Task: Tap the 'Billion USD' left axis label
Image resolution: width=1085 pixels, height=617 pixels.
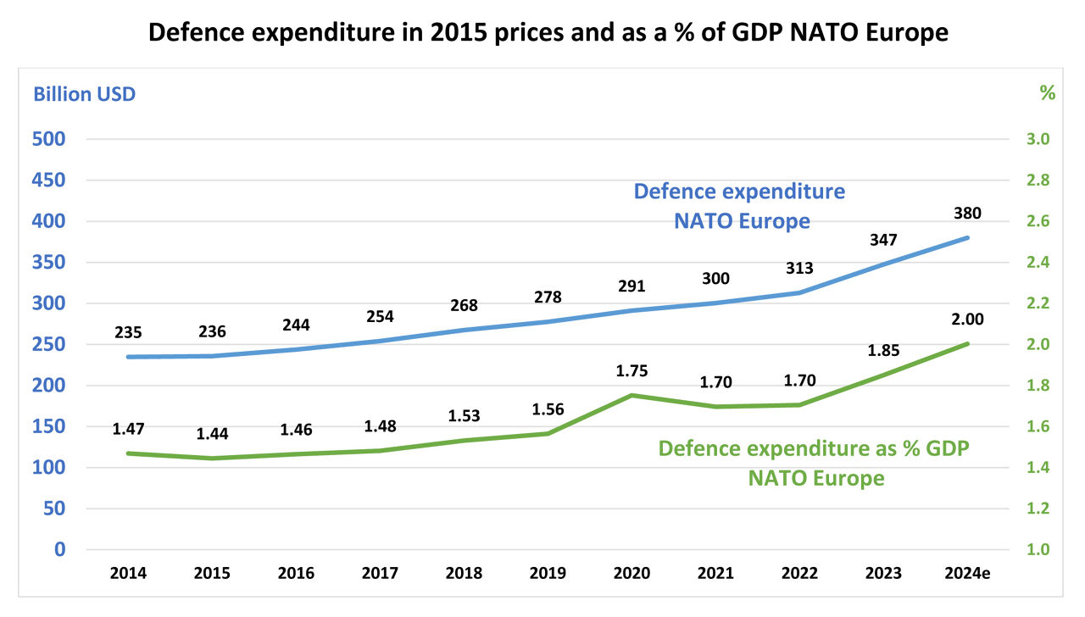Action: [x=84, y=94]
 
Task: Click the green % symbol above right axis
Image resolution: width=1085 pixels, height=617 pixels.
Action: [x=1048, y=94]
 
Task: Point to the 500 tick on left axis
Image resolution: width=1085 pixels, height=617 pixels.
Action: [x=48, y=139]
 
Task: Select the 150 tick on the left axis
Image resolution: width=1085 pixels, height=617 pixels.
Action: [x=48, y=426]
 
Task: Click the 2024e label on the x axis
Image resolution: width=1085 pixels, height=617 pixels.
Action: [x=967, y=574]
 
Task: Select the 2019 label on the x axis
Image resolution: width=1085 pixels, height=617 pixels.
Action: [x=547, y=574]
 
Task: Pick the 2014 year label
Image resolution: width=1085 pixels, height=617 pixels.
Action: [x=128, y=574]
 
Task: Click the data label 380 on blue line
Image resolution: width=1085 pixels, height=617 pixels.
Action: [x=967, y=214]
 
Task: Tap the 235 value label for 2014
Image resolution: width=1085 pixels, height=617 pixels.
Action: [x=128, y=332]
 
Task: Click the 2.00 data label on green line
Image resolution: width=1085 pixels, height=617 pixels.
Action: [x=967, y=320]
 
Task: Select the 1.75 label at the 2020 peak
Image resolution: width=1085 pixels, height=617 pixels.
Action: [x=632, y=370]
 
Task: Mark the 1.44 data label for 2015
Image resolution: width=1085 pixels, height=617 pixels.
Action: [x=212, y=434]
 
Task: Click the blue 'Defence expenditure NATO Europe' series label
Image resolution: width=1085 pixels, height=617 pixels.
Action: [x=740, y=206]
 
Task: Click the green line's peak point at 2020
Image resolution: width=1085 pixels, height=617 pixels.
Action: [x=632, y=395]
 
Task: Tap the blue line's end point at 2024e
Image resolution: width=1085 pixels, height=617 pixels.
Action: [x=967, y=238]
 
